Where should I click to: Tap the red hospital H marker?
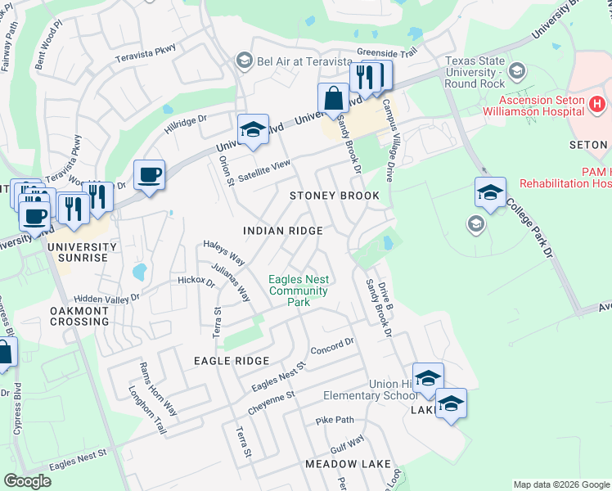pos(598,104)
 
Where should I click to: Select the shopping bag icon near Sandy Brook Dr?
pos(334,98)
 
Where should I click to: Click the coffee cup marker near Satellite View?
pos(149,175)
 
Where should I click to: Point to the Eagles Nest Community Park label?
pos(299,291)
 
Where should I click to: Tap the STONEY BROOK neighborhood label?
pos(335,196)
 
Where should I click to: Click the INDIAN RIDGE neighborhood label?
pos(283,232)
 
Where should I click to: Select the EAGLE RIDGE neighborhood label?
pos(232,361)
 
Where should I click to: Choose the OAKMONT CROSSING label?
pos(79,316)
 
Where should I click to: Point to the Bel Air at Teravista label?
pos(287,60)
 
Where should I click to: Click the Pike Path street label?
pos(335,421)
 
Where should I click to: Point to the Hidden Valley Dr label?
pos(106,300)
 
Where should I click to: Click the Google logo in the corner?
pos(28,481)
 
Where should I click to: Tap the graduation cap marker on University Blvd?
pos(254,129)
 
